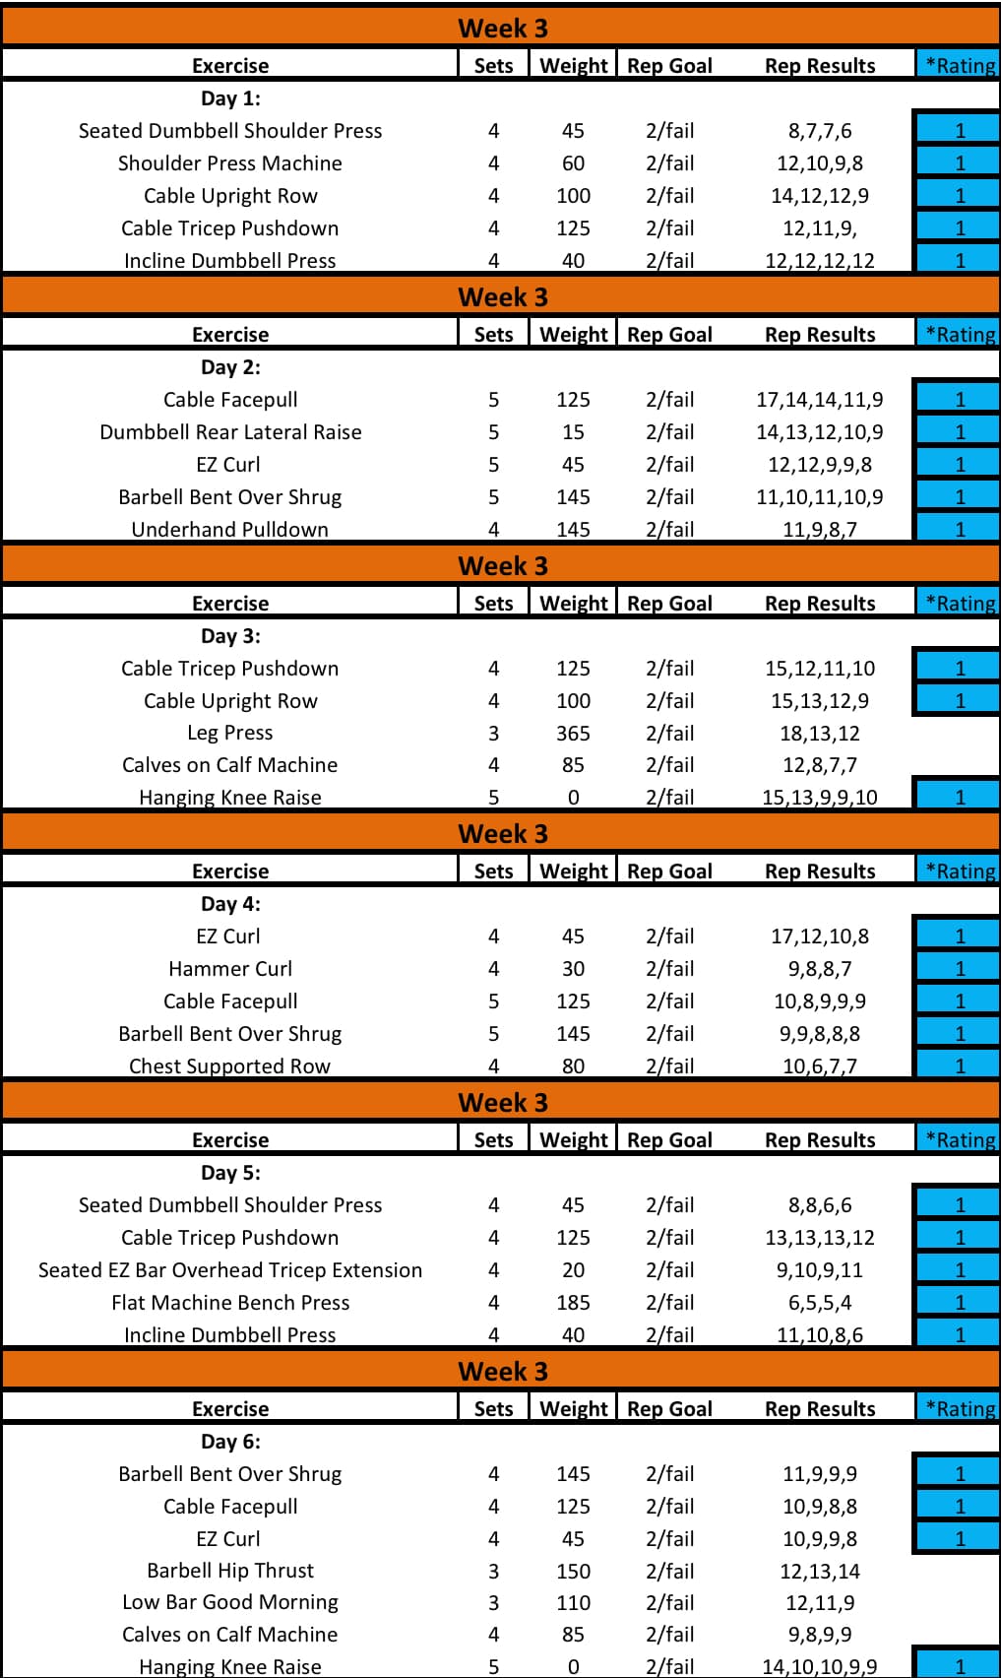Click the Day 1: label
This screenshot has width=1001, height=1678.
click(x=230, y=98)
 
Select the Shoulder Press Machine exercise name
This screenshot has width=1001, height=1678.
click(x=230, y=163)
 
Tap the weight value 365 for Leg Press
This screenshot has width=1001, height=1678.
click(x=573, y=734)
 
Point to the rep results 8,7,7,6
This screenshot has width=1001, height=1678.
click(x=820, y=131)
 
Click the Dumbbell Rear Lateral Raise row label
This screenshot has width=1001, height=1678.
click(x=230, y=432)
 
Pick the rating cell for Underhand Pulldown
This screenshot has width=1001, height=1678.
click(x=960, y=529)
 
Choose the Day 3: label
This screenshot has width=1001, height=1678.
click(x=230, y=636)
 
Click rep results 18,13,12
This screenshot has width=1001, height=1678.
click(x=820, y=734)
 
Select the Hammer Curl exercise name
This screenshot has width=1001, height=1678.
click(x=230, y=969)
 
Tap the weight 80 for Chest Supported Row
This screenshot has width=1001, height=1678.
click(x=573, y=1065)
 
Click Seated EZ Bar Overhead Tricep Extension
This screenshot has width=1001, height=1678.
click(x=230, y=1270)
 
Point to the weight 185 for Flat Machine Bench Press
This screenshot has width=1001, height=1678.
click(x=573, y=1303)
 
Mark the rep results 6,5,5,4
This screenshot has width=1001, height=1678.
click(x=820, y=1303)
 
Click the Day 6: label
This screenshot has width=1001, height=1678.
click(x=230, y=1442)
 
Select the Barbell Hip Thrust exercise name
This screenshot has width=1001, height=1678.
click(x=230, y=1571)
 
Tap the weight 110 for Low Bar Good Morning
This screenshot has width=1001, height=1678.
click(x=573, y=1603)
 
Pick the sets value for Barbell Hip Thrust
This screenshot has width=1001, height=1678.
click(x=493, y=1571)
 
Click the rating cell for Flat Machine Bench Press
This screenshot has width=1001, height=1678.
click(x=960, y=1303)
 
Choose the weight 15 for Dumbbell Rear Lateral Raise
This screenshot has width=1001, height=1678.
click(x=573, y=432)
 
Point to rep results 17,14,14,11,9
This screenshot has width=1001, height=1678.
click(x=820, y=400)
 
